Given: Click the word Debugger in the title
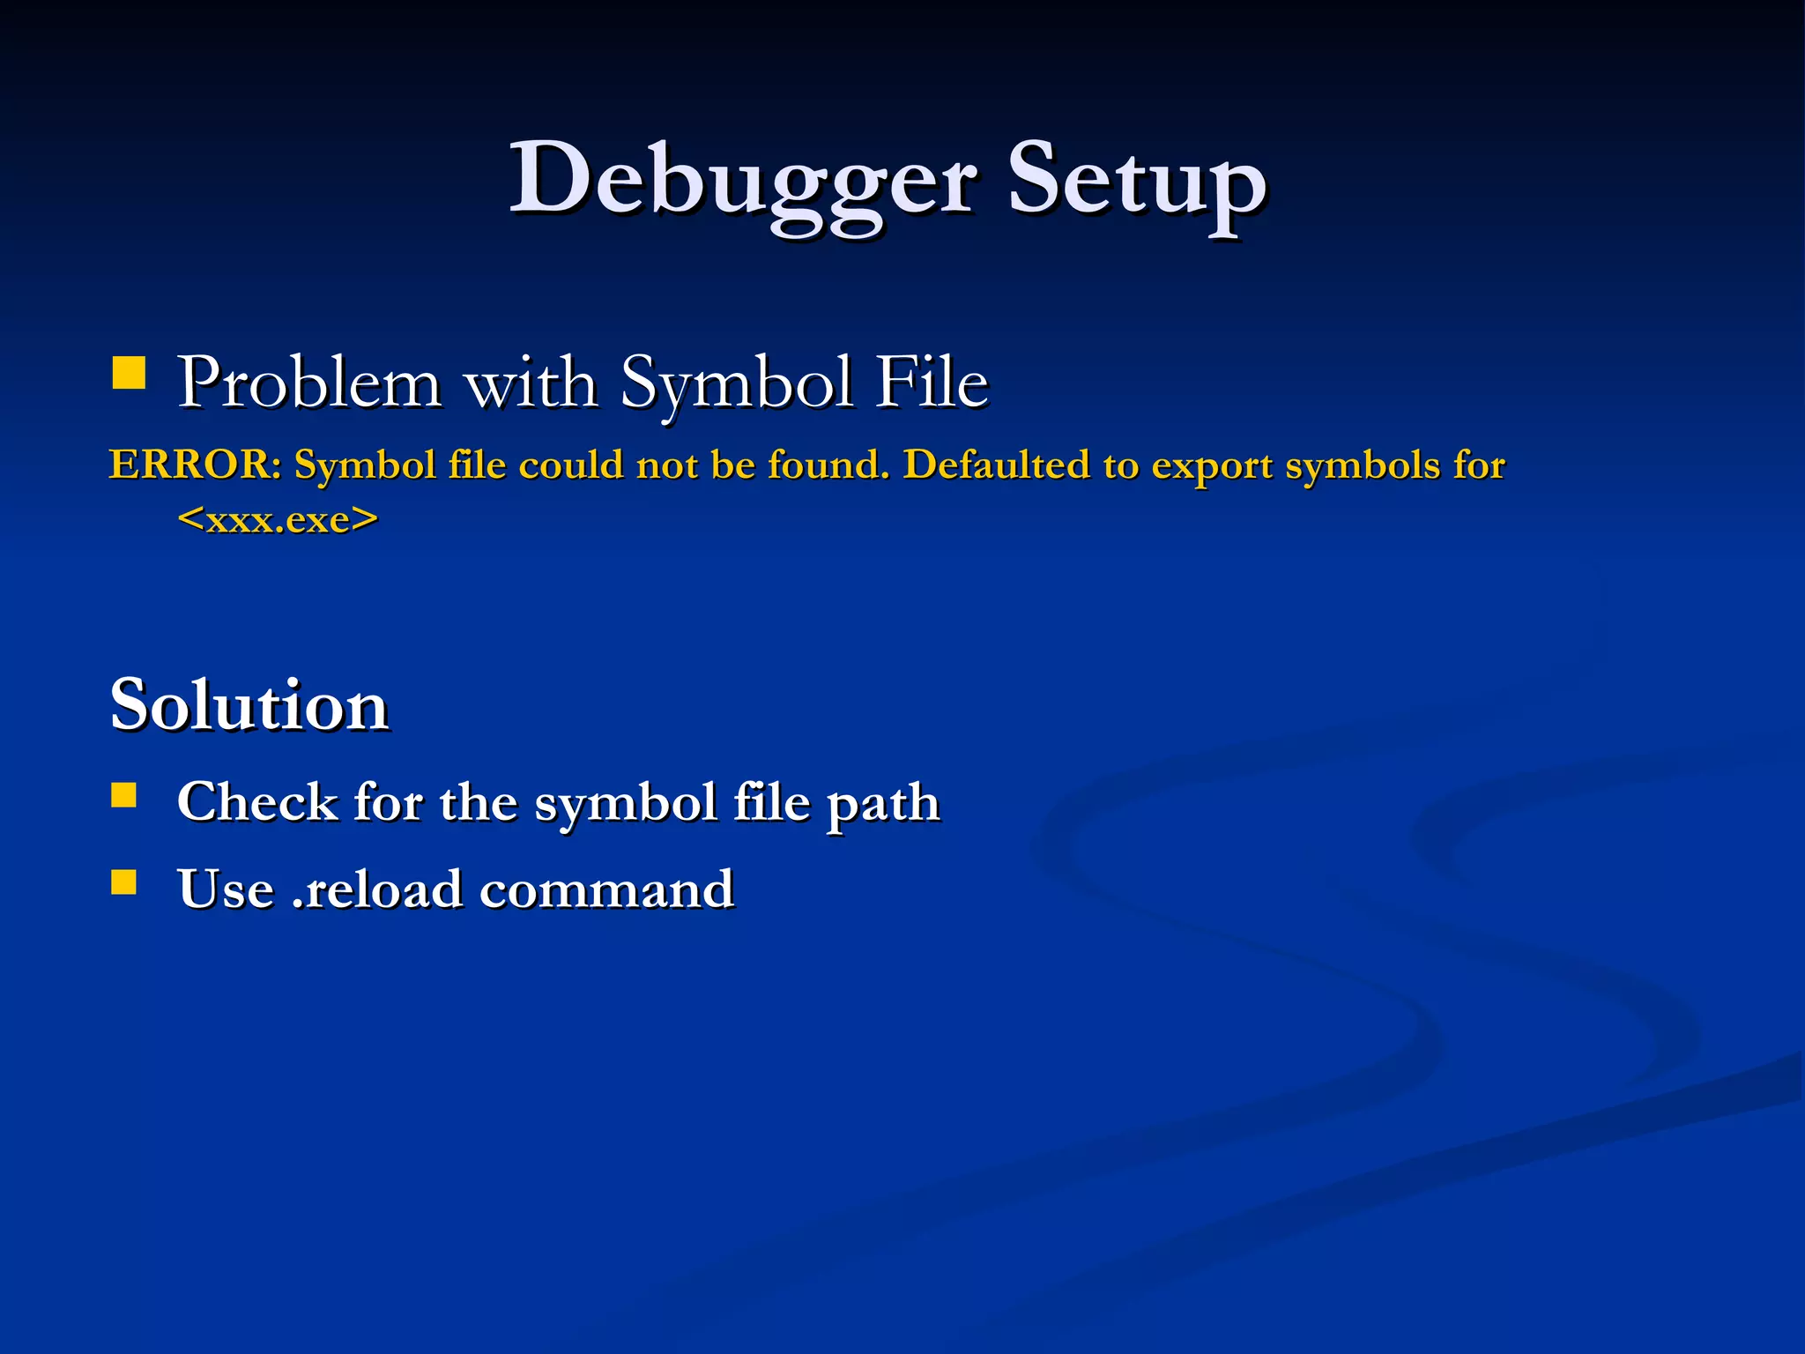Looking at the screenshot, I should tap(742, 181).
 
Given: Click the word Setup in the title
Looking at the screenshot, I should tap(1136, 181).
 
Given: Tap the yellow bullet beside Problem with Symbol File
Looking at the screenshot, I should tap(129, 373).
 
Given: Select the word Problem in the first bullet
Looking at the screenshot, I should tap(309, 383).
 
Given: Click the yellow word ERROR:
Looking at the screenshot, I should tap(195, 465).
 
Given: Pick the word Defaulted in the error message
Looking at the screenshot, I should tap(996, 465).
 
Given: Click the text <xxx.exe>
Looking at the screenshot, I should tap(278, 519).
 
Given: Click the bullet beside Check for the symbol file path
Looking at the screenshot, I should tap(124, 796).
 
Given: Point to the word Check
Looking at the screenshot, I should tap(257, 802).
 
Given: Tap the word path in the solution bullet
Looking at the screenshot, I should tap(882, 804).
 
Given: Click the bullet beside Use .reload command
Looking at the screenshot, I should tap(124, 882).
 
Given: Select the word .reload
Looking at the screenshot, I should tap(377, 889).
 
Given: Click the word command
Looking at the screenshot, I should tap(606, 889).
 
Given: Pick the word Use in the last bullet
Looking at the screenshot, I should tap(226, 889).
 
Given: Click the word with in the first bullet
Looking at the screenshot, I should tap(531, 383).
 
